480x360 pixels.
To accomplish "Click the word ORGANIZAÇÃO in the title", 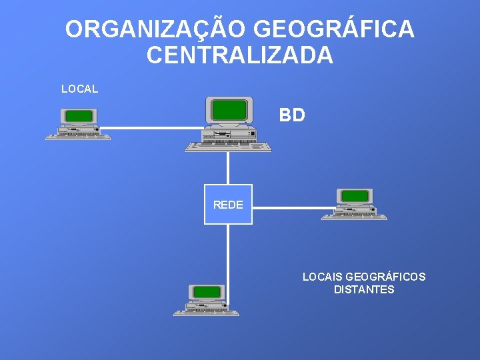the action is tap(156, 30).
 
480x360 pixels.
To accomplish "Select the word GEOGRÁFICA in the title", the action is tap(335, 30).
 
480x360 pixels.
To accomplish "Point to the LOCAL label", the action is tap(79, 89).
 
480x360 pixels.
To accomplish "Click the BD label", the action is tap(292, 115).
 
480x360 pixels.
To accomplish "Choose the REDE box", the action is tap(228, 205).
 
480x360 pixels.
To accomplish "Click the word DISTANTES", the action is tap(364, 290).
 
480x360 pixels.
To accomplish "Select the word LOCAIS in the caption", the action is tap(323, 277).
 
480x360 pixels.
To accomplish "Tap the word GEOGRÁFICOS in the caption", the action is tap(386, 277).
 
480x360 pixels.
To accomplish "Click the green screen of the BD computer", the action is tap(229, 109).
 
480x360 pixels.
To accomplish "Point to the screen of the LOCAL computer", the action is tap(79, 116).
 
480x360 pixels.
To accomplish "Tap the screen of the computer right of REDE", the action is tap(355, 196).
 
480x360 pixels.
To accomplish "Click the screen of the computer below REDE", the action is tap(207, 291).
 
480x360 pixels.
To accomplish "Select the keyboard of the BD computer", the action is tap(228, 146).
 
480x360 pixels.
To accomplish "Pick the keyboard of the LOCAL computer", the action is tap(78, 136).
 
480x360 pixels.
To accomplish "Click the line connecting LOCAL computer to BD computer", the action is tap(151, 127).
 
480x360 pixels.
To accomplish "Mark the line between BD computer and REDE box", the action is tap(228, 168).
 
